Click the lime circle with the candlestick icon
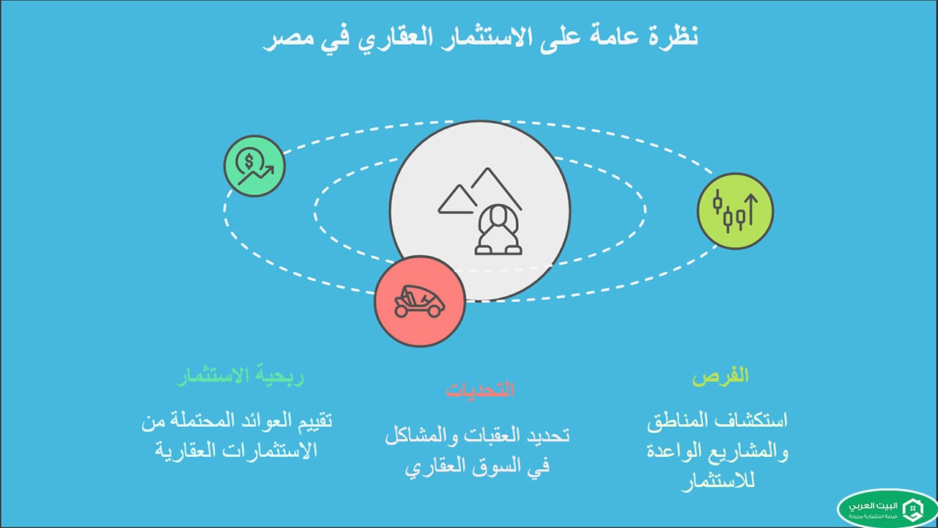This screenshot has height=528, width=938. tap(735, 210)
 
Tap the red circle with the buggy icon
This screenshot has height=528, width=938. tap(419, 301)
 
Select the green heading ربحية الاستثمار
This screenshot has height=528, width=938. tap(240, 377)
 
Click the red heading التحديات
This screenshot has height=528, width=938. tap(480, 389)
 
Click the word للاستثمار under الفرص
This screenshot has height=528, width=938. tap(720, 482)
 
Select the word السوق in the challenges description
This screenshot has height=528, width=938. tap(483, 465)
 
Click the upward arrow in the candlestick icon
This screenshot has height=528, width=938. tap(750, 208)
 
